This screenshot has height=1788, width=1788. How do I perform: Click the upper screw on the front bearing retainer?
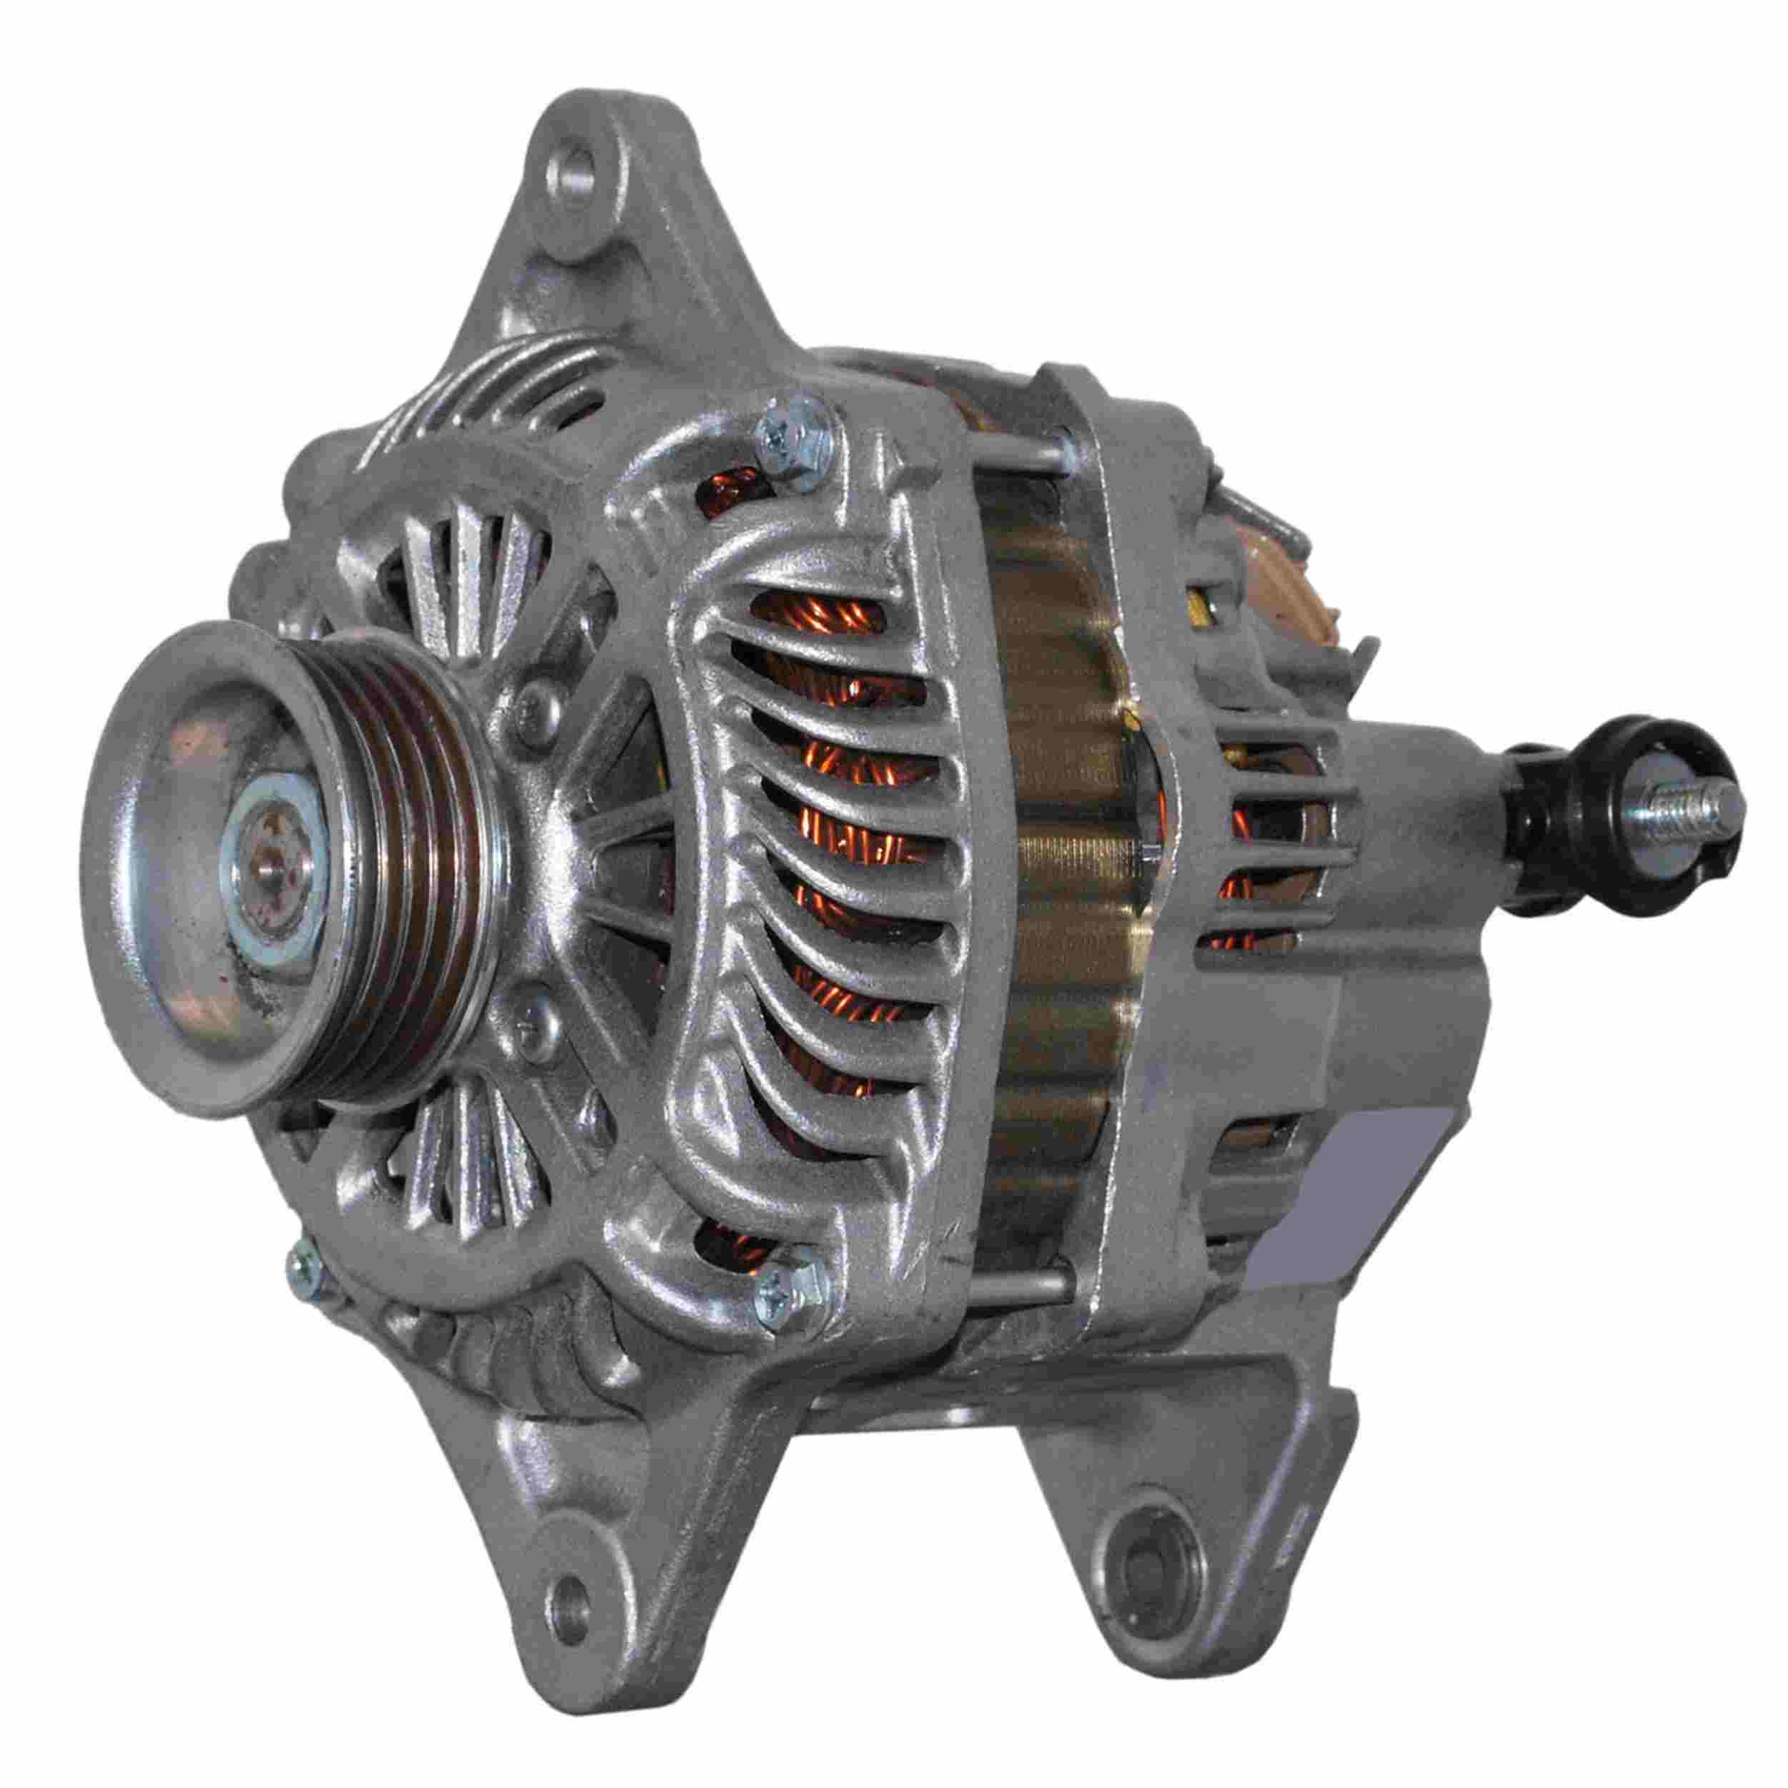(x=535, y=711)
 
